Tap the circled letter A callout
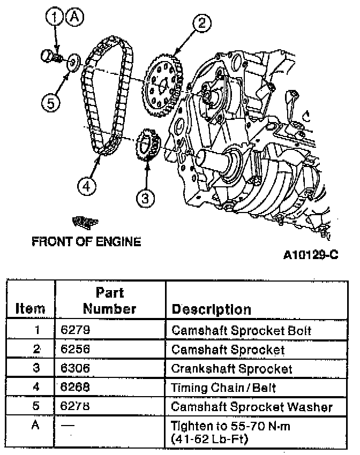(74, 18)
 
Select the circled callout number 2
(201, 23)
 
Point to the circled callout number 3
(145, 199)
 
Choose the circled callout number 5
(51, 102)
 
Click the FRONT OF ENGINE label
(86, 241)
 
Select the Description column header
(211, 309)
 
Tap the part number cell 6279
(75, 330)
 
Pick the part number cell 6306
(75, 369)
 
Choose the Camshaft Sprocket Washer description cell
(252, 407)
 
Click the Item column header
(30, 309)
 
